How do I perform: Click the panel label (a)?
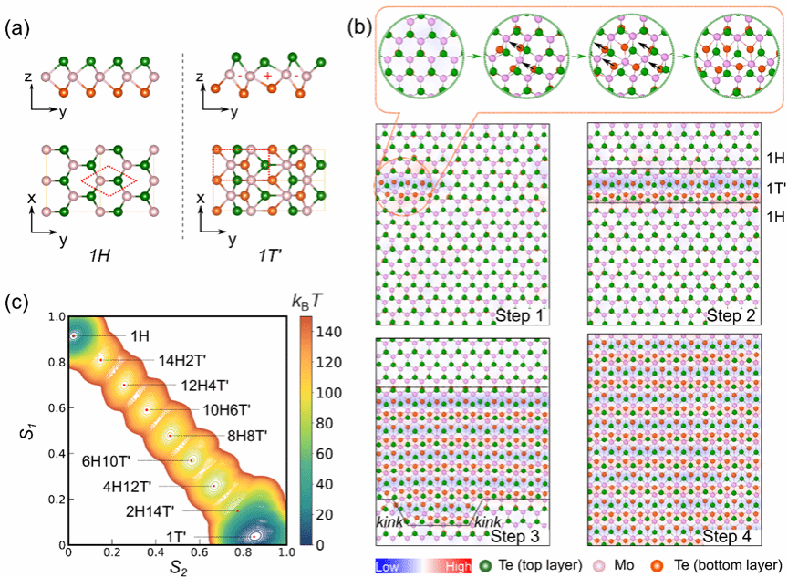17,28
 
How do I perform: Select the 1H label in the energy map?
140,335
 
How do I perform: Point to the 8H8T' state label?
247,436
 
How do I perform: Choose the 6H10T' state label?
106,460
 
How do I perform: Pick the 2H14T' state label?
150,511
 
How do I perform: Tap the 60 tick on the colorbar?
325,453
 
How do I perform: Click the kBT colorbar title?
306,301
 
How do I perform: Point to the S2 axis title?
178,568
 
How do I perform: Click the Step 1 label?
520,315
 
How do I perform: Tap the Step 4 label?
727,536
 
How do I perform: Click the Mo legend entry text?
624,565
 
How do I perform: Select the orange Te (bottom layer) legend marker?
657,566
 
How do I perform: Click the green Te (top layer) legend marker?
485,566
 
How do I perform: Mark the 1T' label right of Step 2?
776,189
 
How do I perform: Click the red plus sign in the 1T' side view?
268,76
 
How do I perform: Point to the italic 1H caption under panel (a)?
99,255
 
